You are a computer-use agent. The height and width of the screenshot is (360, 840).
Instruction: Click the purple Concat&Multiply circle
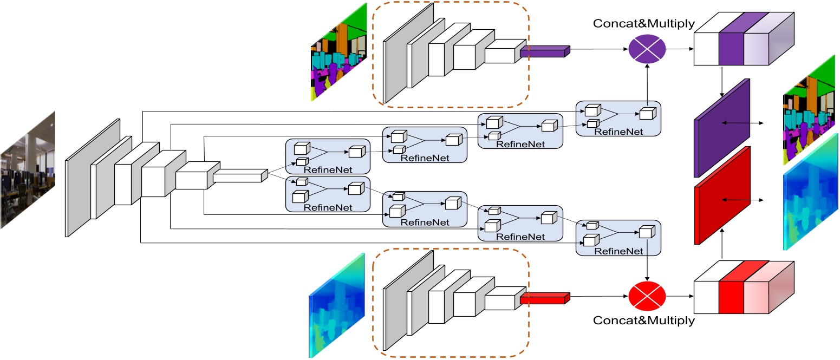[647, 48]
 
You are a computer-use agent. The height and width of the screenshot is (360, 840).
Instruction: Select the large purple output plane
[721, 128]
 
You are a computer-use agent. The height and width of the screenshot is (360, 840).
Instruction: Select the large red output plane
[721, 196]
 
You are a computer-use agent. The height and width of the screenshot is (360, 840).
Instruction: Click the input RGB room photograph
[28, 169]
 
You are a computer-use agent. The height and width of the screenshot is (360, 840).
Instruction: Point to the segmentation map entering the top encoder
[338, 53]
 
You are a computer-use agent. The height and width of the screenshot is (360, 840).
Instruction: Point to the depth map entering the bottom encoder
[336, 305]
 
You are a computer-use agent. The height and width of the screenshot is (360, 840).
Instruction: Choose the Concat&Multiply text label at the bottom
[643, 320]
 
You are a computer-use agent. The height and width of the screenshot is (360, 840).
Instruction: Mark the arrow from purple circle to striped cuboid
[680, 49]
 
